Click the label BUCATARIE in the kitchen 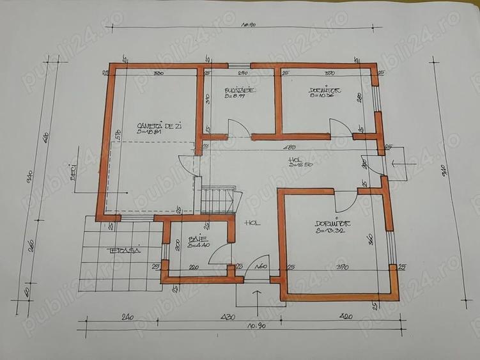(x=240, y=90)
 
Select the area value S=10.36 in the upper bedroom (x=322, y=97)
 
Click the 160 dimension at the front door (x=260, y=267)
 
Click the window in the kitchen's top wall (x=240, y=65)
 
